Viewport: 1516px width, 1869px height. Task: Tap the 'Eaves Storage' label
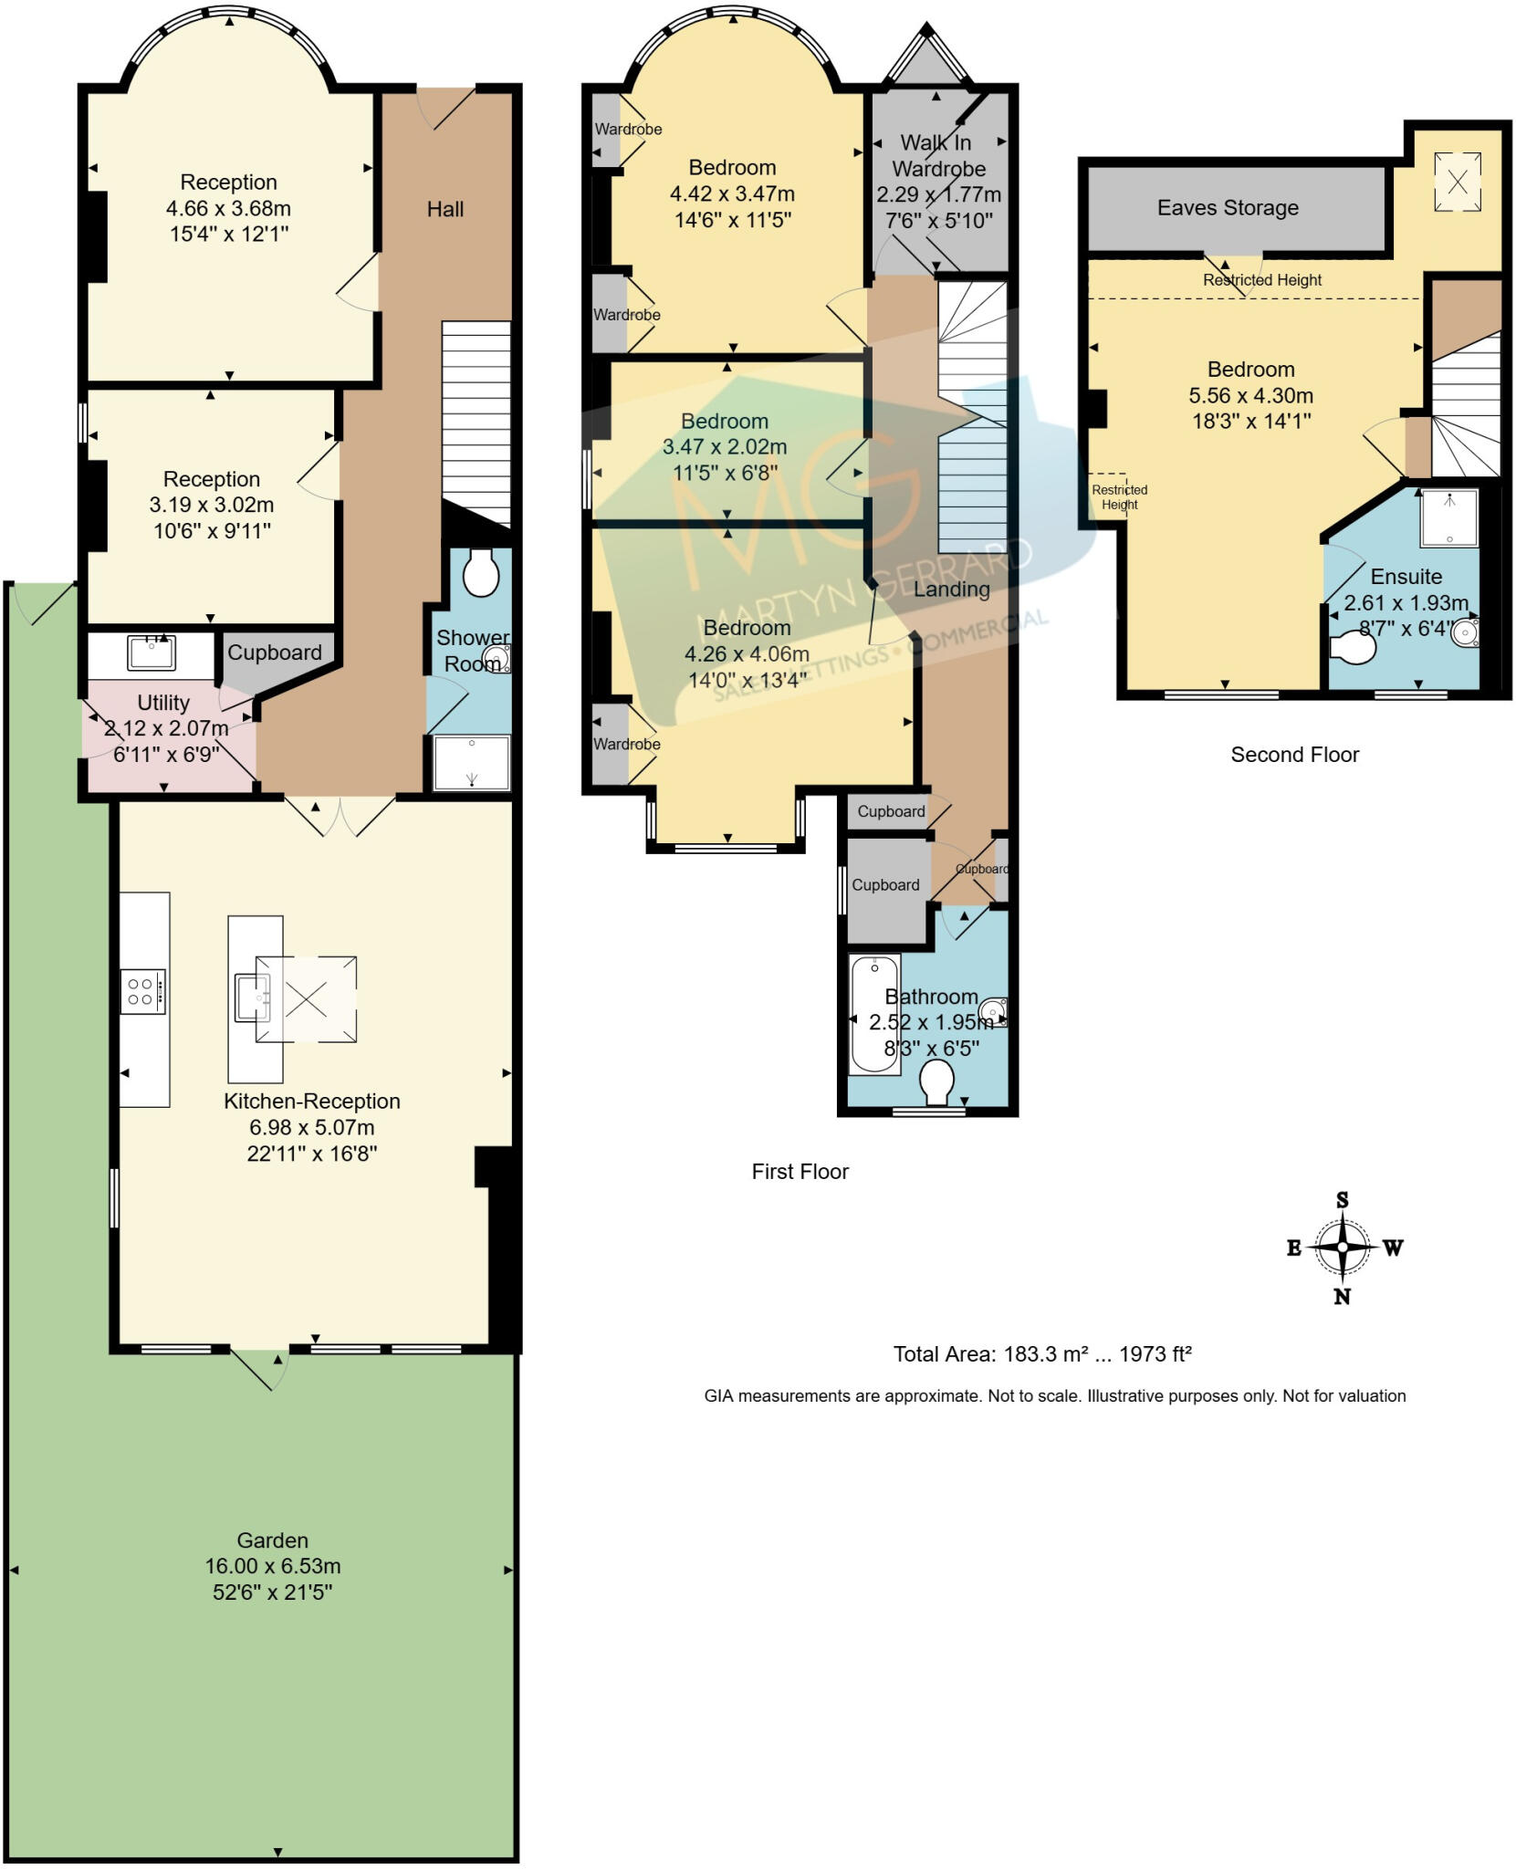tap(1228, 208)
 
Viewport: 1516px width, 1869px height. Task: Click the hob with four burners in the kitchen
tap(143, 991)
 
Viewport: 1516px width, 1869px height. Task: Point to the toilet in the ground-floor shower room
tap(481, 572)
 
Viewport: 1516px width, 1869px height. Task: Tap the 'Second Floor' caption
tap(1294, 755)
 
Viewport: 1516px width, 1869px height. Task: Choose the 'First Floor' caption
tap(800, 1172)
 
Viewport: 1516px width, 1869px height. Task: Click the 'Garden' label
tap(272, 1540)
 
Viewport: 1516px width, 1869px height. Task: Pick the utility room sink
tap(152, 653)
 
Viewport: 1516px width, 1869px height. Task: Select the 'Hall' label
tap(445, 210)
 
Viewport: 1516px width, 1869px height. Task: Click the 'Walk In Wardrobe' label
tap(937, 156)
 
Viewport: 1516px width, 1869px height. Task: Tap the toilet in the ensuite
tap(1353, 648)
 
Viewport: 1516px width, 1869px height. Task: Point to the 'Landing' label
tap(952, 590)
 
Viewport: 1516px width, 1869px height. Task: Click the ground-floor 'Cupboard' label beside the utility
tap(275, 653)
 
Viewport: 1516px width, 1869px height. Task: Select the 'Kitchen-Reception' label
tap(312, 1102)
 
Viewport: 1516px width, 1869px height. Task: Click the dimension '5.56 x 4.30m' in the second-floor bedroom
tap(1250, 396)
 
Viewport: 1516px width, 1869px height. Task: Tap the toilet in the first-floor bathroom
tap(936, 1083)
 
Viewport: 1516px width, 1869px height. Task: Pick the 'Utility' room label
tap(163, 703)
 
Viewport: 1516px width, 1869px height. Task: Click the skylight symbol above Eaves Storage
tap(1458, 182)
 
